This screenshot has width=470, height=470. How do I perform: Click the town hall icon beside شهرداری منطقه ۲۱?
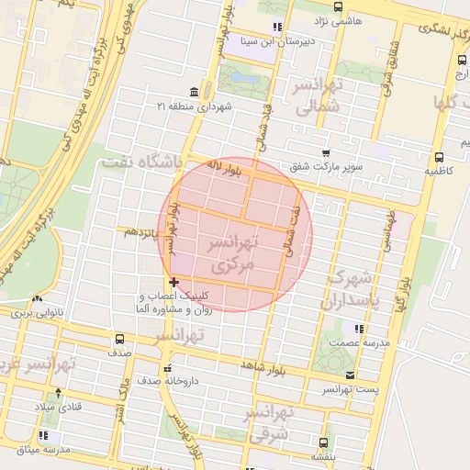point(194,93)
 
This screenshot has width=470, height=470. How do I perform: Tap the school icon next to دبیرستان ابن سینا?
point(277,27)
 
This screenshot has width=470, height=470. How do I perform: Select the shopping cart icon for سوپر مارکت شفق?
point(325,152)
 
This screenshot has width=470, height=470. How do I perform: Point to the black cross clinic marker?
point(173,282)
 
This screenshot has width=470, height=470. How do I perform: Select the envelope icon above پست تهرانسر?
point(351,375)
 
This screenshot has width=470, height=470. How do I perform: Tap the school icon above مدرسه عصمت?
point(359,328)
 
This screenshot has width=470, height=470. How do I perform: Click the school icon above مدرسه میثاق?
point(43,435)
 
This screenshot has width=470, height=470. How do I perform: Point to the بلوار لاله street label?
point(224,165)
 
